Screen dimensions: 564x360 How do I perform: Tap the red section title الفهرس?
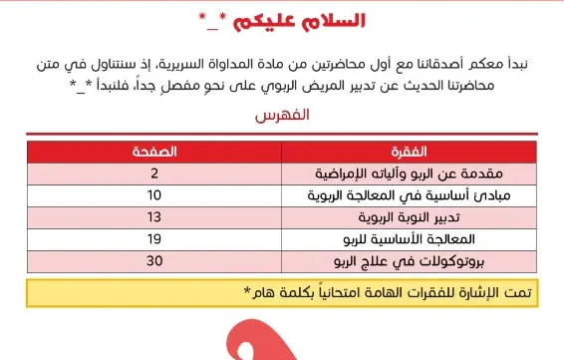coord(282,116)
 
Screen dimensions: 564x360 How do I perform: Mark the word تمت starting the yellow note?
coord(537,292)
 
